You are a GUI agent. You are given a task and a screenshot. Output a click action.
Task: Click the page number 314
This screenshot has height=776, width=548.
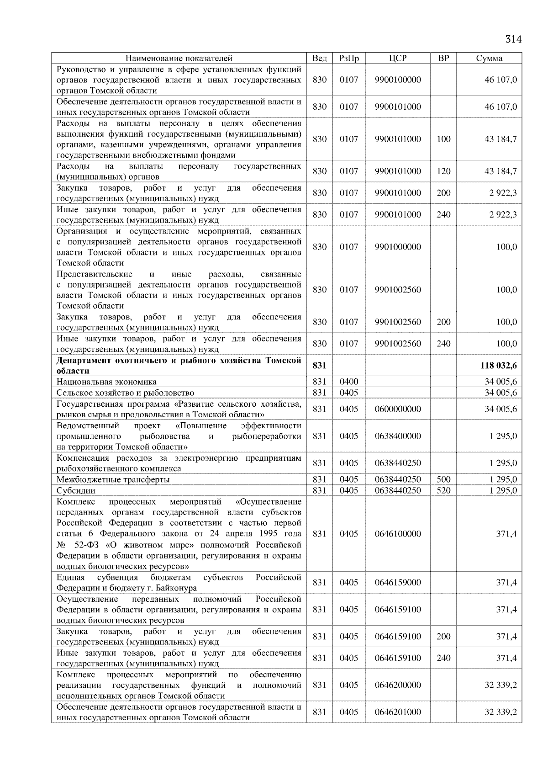(513, 39)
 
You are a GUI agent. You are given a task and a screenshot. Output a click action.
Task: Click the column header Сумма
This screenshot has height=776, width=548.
(489, 58)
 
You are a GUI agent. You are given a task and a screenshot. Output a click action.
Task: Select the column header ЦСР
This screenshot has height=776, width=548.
(398, 58)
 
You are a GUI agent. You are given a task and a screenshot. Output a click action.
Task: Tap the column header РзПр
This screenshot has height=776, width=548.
(349, 58)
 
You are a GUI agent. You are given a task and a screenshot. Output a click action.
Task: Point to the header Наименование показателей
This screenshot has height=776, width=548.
(179, 58)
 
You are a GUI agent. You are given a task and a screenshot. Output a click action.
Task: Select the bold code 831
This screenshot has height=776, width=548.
(320, 366)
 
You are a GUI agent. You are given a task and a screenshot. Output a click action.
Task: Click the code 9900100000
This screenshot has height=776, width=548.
(398, 80)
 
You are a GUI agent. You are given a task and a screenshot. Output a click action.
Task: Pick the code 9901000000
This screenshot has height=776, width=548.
(398, 247)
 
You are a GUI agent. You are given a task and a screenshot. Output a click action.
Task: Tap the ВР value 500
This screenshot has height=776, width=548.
(443, 479)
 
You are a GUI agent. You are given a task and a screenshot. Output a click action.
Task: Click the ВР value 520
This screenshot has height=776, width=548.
(443, 490)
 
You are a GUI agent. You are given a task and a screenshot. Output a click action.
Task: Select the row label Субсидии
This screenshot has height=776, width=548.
(76, 491)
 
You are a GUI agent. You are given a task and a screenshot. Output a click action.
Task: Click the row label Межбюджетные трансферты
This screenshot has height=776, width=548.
(113, 480)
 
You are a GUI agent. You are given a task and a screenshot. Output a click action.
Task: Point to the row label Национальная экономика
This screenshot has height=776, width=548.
(106, 382)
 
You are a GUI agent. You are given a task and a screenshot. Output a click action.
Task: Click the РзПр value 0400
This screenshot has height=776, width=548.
(349, 382)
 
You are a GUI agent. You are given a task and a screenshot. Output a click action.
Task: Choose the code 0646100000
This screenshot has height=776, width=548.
(398, 534)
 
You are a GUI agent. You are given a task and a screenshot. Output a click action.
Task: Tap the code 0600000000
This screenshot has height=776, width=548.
(398, 409)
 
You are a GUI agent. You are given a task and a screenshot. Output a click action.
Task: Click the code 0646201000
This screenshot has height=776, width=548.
(398, 712)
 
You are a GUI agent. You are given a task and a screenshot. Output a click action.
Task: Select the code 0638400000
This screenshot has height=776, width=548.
(398, 436)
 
